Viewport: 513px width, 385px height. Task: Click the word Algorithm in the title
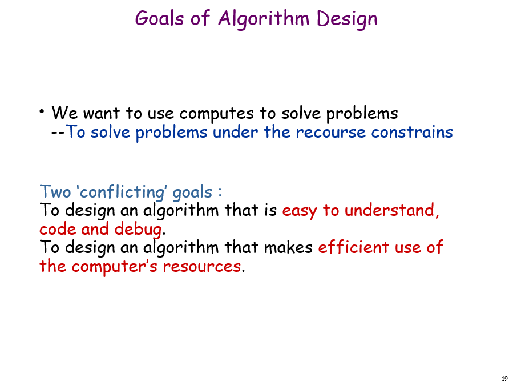pyautogui.click(x=264, y=19)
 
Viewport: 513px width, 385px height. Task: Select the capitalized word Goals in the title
pyautogui.click(x=159, y=18)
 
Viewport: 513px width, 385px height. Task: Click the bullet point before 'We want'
pyautogui.click(x=42, y=111)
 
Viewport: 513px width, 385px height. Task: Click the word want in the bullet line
pyautogui.click(x=102, y=113)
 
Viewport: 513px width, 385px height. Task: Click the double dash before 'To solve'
pyautogui.click(x=58, y=133)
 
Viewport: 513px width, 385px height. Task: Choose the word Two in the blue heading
pyautogui.click(x=55, y=191)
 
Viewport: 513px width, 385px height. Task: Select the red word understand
pyautogui.click(x=391, y=210)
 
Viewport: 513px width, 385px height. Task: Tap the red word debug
pyautogui.click(x=139, y=230)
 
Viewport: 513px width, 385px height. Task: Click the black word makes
pyautogui.click(x=288, y=247)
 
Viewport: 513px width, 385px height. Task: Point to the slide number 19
pyautogui.click(x=504, y=379)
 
